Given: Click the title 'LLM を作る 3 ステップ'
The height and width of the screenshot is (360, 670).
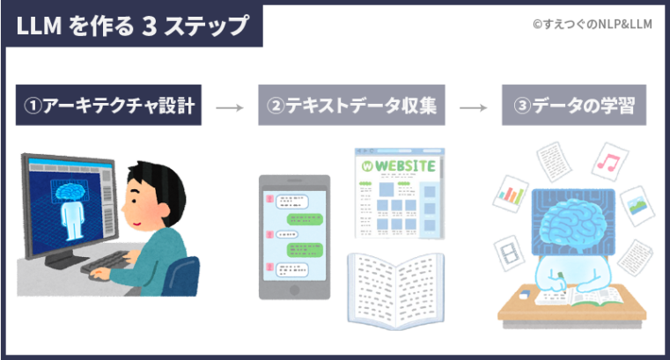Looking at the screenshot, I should click(132, 26).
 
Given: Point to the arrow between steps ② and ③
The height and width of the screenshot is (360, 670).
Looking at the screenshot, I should click(474, 108).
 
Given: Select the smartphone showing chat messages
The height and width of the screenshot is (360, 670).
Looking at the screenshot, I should click(294, 236).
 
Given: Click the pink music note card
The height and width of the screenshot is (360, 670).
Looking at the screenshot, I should click(608, 160).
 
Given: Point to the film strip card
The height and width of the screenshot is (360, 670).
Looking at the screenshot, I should click(510, 255).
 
